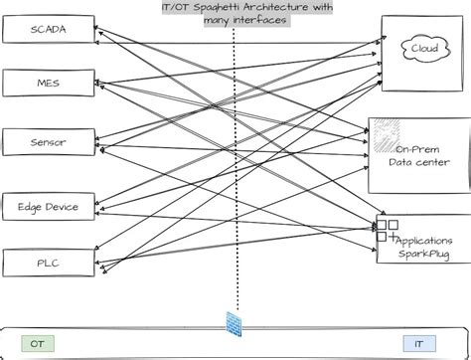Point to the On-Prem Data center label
coord(418,155)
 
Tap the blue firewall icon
coord(235,324)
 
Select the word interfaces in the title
coord(254,20)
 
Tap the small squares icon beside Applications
coord(386,231)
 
